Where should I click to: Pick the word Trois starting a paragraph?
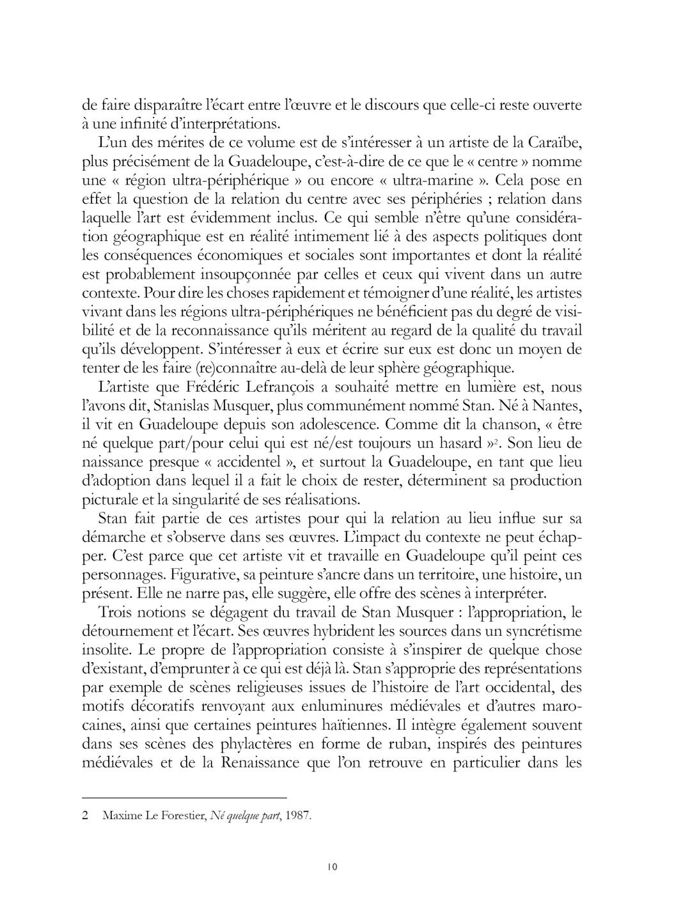(116, 613)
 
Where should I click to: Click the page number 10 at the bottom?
(331, 867)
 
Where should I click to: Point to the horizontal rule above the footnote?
(185, 797)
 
